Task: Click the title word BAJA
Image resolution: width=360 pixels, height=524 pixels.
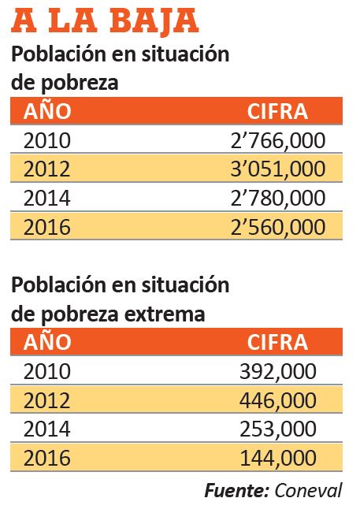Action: coord(154,22)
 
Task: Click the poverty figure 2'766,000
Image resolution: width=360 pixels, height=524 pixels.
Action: coord(278,141)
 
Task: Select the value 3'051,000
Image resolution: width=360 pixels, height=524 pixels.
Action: coord(278,169)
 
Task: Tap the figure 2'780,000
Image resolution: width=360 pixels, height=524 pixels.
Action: coord(278,198)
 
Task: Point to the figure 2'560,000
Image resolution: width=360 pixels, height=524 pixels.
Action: coord(278,228)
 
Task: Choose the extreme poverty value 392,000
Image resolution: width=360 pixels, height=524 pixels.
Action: coord(278,372)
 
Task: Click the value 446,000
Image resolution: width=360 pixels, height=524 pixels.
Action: coord(278,400)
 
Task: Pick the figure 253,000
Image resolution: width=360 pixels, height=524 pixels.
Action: coord(278,429)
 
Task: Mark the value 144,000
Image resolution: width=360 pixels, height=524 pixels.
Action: coord(278,458)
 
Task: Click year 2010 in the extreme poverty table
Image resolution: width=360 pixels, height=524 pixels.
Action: coord(47,372)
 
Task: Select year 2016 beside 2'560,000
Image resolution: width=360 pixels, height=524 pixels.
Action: coord(47,228)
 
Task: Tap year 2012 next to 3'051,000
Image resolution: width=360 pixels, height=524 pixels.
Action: coord(47,169)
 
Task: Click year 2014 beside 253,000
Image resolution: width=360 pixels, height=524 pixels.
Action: coord(47,429)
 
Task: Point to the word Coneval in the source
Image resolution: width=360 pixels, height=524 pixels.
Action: coord(308,491)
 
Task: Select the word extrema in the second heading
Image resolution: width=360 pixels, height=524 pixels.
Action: coord(165,314)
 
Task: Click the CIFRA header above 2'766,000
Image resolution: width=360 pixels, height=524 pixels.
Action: coord(277,111)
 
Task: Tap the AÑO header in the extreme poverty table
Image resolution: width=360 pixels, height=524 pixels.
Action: coord(47,341)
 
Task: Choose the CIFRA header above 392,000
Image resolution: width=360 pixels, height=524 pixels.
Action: coord(277,342)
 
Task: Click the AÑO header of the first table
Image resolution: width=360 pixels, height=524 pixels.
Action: coord(47,110)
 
